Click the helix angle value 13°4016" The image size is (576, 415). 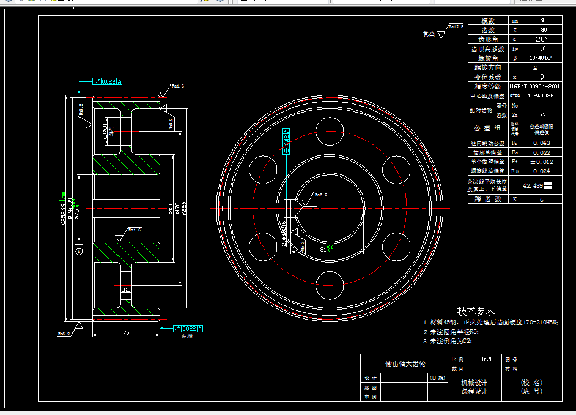coord(542,58)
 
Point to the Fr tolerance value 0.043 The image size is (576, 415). coord(542,143)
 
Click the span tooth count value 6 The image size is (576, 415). coord(542,199)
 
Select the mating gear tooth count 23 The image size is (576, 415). coord(544,114)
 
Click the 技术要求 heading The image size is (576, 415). coord(476,311)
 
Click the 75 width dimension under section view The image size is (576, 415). coord(125,332)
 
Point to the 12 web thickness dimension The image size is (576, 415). coord(125,290)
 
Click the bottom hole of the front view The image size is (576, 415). coord(328,280)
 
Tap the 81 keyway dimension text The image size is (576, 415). coord(324,249)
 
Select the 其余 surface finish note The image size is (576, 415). coord(429,35)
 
